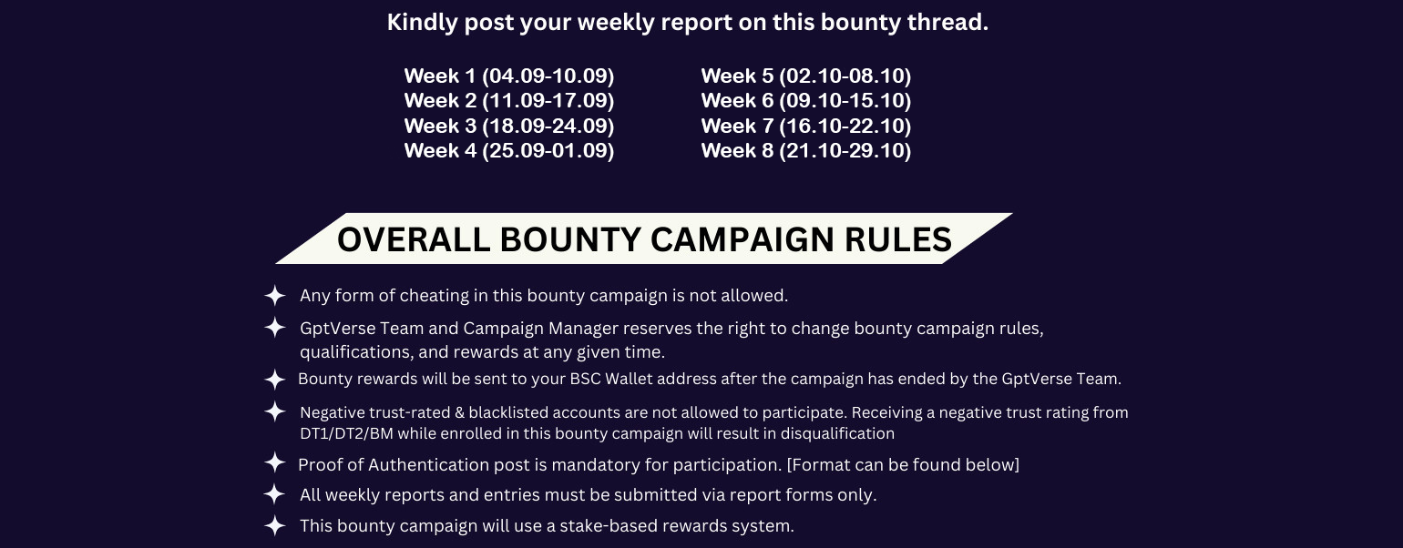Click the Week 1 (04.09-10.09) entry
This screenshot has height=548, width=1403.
tap(509, 76)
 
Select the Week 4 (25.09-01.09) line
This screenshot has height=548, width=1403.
tap(509, 151)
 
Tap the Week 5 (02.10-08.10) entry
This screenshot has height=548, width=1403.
tap(806, 76)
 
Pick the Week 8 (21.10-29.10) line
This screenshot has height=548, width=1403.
tap(806, 151)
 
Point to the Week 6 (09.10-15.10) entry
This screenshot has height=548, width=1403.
tap(806, 101)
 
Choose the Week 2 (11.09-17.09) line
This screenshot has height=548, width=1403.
tap(509, 101)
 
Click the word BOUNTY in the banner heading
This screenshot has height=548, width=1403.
tap(570, 239)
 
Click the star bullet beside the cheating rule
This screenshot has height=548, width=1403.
tap(275, 295)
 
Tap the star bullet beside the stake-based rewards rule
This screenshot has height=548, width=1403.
tap(275, 525)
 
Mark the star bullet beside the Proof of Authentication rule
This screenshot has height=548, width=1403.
tap(275, 463)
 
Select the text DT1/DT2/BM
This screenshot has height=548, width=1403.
tap(346, 434)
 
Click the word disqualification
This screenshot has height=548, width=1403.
tap(837, 434)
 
